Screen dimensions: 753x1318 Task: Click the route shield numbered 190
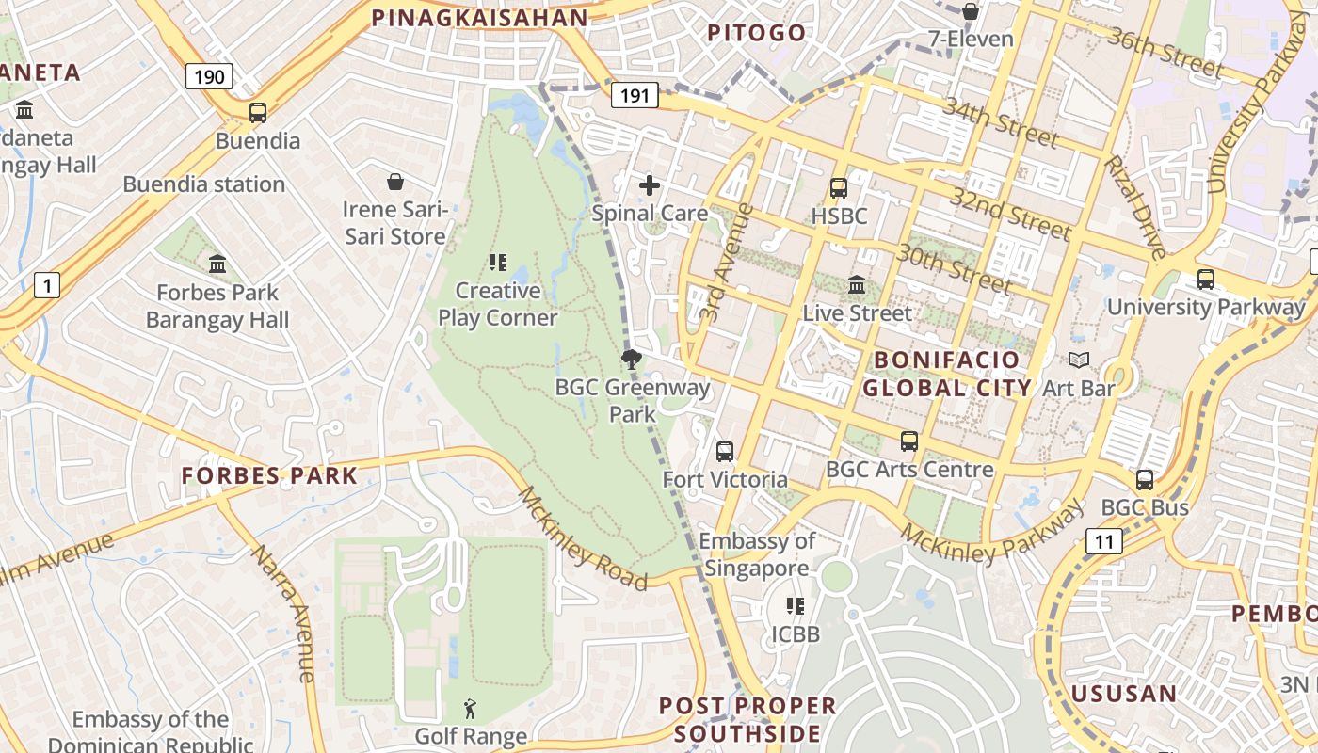pyautogui.click(x=208, y=76)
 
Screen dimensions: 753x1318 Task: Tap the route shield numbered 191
pyautogui.click(x=634, y=94)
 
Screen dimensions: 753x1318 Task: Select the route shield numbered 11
pyautogui.click(x=1103, y=540)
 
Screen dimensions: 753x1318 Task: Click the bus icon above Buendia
pyautogui.click(x=257, y=113)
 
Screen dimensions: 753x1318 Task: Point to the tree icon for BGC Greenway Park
pyautogui.click(x=631, y=358)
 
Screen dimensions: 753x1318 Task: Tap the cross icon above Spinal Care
pyautogui.click(x=650, y=185)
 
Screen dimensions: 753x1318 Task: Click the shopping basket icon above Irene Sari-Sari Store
pyautogui.click(x=395, y=181)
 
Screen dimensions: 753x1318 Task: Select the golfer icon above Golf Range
pyautogui.click(x=470, y=708)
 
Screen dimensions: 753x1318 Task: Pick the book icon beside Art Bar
pyautogui.click(x=1079, y=360)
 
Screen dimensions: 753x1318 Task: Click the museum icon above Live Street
pyautogui.click(x=857, y=284)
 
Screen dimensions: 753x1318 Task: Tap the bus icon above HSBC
pyautogui.click(x=838, y=188)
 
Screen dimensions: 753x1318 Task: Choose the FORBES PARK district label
pyautogui.click(x=269, y=475)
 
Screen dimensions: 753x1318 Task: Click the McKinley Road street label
pyautogui.click(x=583, y=538)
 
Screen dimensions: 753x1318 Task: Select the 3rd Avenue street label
pyautogui.click(x=724, y=263)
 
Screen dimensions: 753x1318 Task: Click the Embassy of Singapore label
pyautogui.click(x=757, y=554)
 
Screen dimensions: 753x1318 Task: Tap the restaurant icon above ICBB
pyautogui.click(x=796, y=605)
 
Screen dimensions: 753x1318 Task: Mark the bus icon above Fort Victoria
pyautogui.click(x=724, y=452)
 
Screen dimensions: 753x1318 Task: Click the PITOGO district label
pyautogui.click(x=757, y=33)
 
